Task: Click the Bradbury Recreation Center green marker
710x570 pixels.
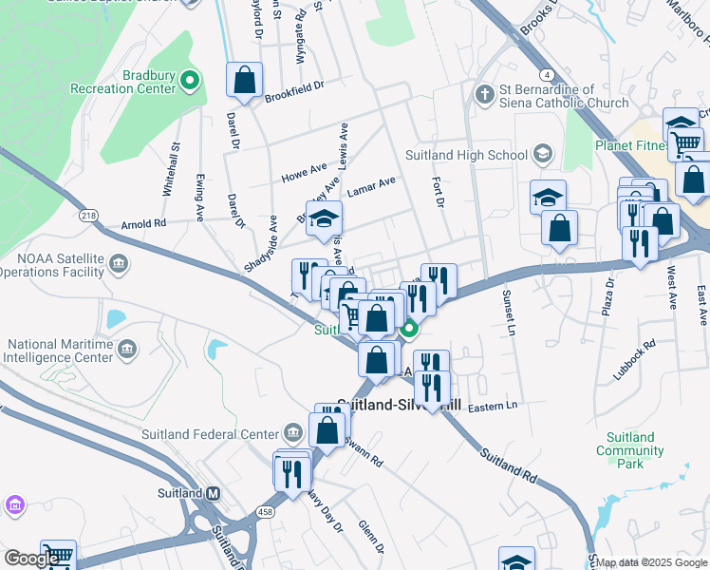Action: (x=191, y=81)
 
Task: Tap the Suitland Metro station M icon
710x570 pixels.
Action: (x=214, y=493)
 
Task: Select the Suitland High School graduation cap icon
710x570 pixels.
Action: (x=543, y=154)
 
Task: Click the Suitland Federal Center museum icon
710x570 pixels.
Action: (x=293, y=434)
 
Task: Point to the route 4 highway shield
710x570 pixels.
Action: (x=548, y=74)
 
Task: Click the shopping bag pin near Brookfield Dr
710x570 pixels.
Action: (x=245, y=80)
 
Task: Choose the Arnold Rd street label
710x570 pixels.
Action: (x=144, y=224)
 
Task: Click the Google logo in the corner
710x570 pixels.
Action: (x=32, y=560)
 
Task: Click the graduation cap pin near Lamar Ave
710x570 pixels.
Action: (x=324, y=219)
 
